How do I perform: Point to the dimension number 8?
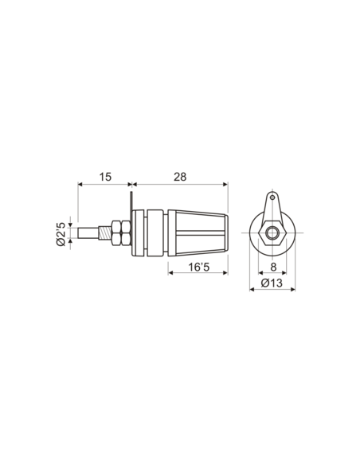273,268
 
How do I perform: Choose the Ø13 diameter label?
272,282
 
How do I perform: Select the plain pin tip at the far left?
87,233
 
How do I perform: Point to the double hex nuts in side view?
120,233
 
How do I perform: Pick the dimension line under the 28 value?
180,185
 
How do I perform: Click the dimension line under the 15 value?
104,185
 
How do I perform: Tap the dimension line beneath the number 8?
273,275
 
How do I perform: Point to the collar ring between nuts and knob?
147,233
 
